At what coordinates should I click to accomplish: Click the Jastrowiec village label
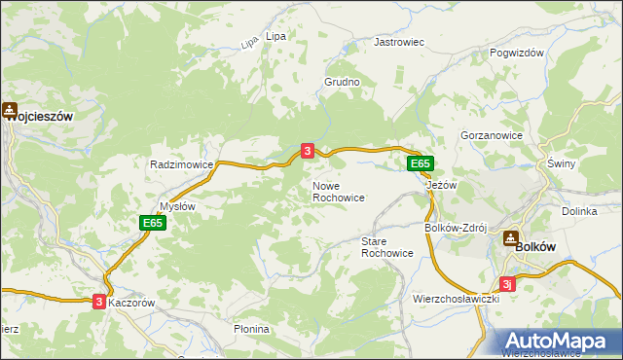(x=400, y=44)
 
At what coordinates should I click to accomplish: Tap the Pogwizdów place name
(x=516, y=54)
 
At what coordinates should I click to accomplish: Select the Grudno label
(x=342, y=83)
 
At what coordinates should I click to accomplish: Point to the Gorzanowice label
(x=492, y=136)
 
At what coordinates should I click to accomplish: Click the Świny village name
(x=562, y=163)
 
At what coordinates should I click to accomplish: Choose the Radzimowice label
(x=181, y=165)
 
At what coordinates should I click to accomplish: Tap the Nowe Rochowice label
(x=338, y=191)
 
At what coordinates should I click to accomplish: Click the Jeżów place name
(x=442, y=185)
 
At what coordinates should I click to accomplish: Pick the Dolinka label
(x=578, y=211)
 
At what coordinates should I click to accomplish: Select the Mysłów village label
(x=177, y=206)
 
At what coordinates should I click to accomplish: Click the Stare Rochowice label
(x=386, y=246)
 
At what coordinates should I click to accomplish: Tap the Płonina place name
(x=251, y=329)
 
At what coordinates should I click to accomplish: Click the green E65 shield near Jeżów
(x=420, y=164)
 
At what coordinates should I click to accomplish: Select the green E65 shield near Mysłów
(x=152, y=223)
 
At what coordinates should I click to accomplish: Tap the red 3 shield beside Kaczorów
(x=99, y=303)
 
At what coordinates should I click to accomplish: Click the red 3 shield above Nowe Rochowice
(x=308, y=151)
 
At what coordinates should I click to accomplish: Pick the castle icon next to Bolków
(x=510, y=238)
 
